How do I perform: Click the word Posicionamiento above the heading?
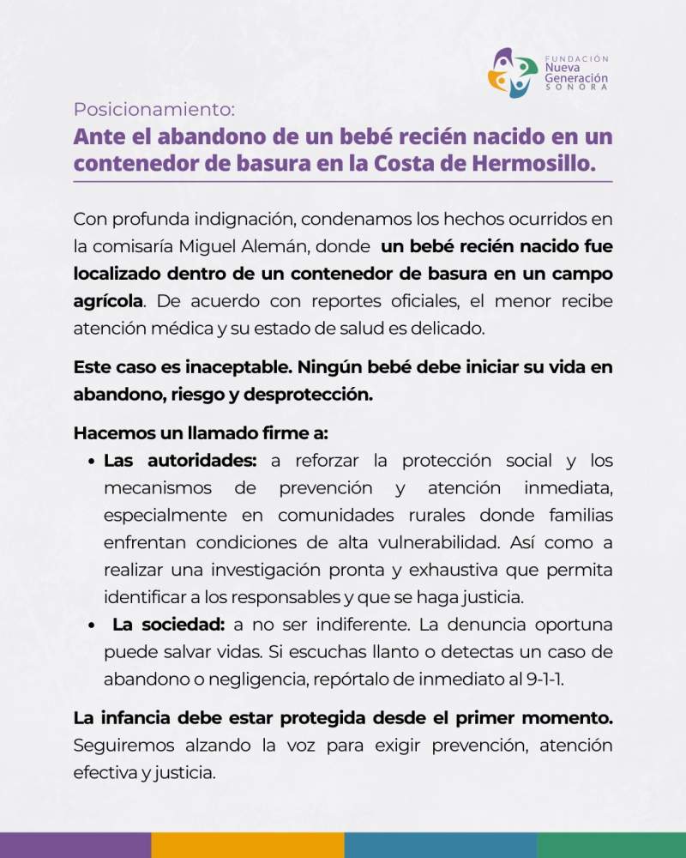click(x=153, y=110)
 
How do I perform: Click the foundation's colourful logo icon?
click(x=513, y=72)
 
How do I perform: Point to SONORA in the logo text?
click(x=576, y=88)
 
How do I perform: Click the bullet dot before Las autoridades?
click(x=91, y=462)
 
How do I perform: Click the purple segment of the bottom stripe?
click(x=75, y=845)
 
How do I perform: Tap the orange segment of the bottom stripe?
click(x=248, y=845)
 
